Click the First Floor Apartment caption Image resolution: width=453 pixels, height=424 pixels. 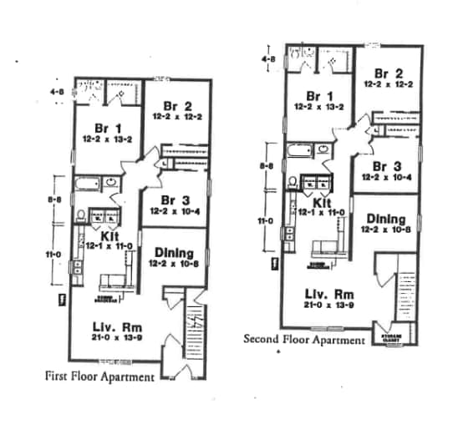pyautogui.click(x=99, y=376)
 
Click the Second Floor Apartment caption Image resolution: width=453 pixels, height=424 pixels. pyautogui.click(x=303, y=340)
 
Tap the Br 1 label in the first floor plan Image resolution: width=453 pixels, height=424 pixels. pyautogui.click(x=103, y=128)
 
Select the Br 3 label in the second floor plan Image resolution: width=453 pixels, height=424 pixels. pyautogui.click(x=385, y=167)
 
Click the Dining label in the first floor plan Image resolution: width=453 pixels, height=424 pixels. pyautogui.click(x=174, y=253)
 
